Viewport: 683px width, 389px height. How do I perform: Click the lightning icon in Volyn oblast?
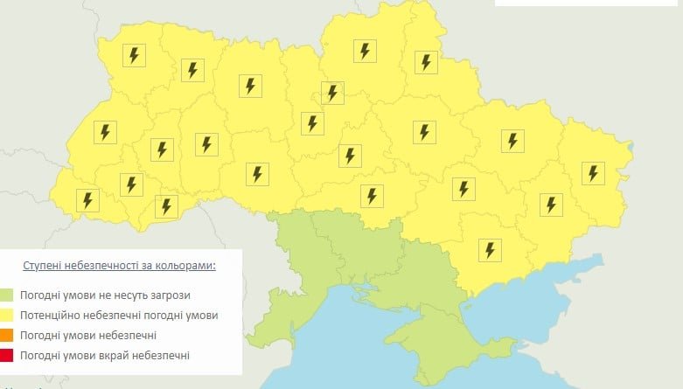point(134,56)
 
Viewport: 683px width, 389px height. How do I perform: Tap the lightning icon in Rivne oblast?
point(192,70)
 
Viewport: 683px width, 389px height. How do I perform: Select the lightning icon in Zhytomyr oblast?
point(250,85)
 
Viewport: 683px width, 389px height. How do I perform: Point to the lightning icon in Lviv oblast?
point(105,133)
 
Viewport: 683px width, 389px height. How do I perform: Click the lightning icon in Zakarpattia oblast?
point(87,200)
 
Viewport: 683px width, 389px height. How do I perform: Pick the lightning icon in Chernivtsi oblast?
point(165,206)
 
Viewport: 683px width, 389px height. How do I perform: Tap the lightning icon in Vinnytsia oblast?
point(257,173)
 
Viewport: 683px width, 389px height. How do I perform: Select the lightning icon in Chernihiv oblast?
point(365,51)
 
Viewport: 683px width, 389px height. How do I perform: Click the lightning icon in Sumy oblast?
point(426,62)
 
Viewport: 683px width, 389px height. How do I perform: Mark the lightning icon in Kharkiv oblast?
point(512,140)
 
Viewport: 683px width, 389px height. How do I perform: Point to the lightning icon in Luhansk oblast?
point(594,172)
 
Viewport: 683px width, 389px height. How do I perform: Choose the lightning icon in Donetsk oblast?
point(551,205)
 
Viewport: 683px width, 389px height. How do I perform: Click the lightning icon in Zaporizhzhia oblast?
point(490,250)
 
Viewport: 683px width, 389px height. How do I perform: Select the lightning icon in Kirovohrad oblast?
point(372,195)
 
